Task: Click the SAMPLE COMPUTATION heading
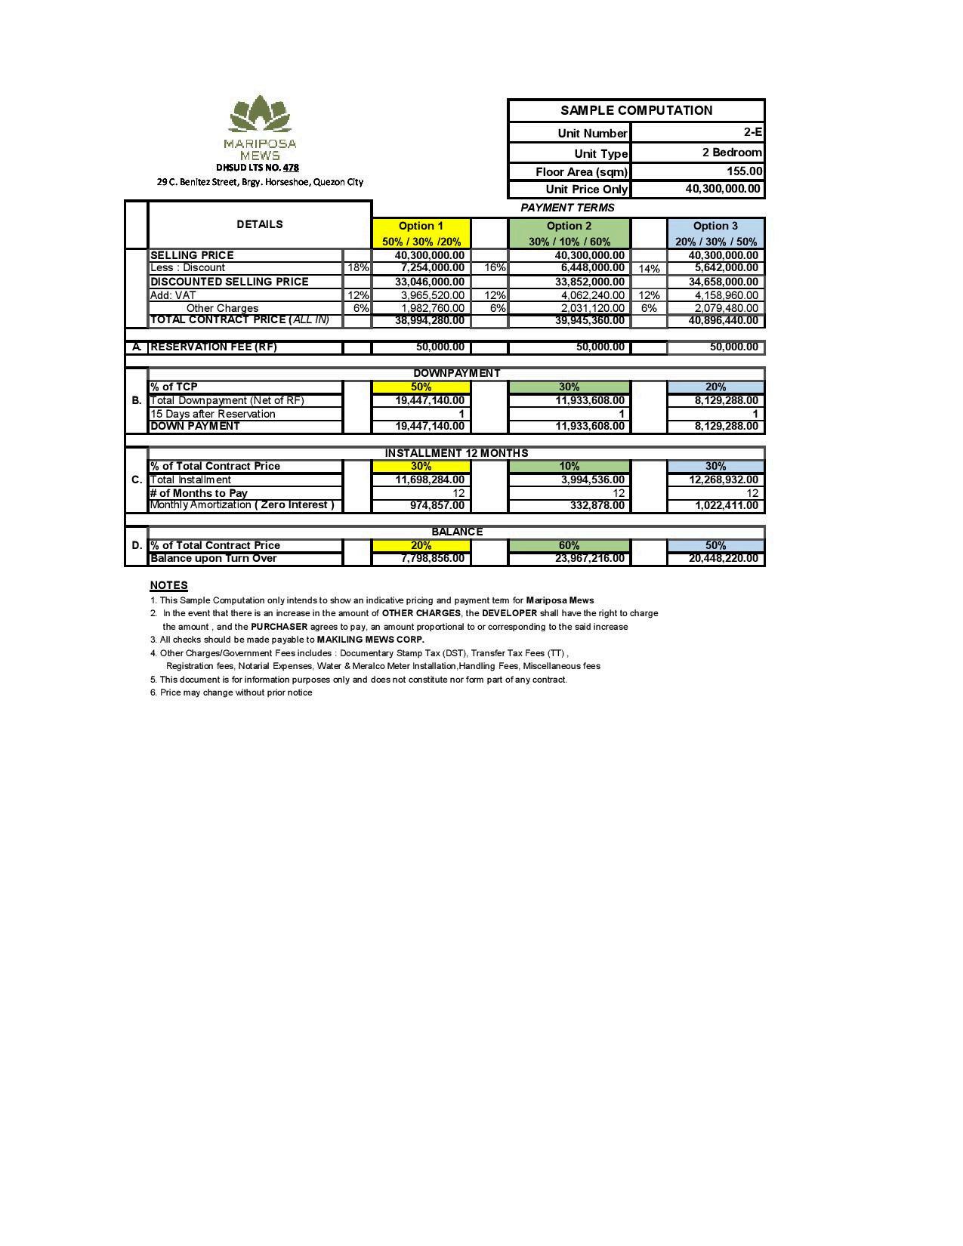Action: [x=636, y=110]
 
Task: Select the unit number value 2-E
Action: [x=752, y=132]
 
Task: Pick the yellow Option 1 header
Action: [x=421, y=226]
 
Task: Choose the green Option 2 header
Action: [x=569, y=226]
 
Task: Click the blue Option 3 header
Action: [x=715, y=226]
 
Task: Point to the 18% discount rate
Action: [x=357, y=268]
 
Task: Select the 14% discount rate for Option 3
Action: [x=649, y=269]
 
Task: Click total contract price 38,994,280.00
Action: [x=429, y=320]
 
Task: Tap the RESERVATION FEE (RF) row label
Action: [x=214, y=347]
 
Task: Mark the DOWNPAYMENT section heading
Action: [x=456, y=373]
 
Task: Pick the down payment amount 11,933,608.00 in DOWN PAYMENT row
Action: [x=590, y=426]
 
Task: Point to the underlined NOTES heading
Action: [x=168, y=585]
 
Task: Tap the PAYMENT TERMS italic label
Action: [x=567, y=208]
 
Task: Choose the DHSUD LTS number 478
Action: [x=291, y=168]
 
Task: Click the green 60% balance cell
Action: [x=569, y=545]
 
